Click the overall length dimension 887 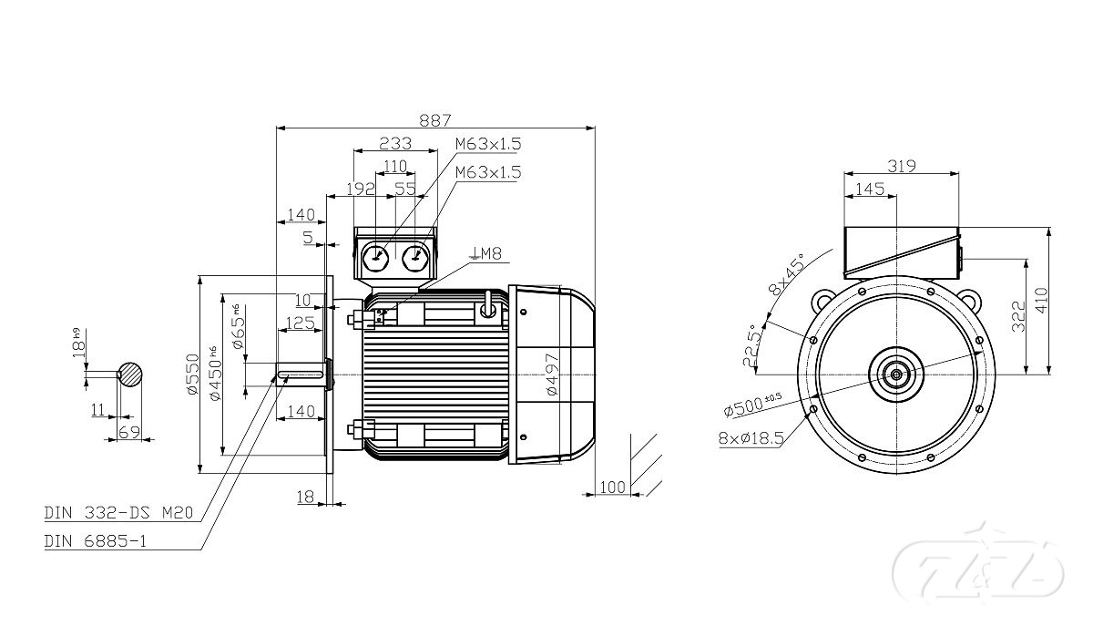click(435, 119)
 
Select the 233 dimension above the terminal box click(395, 143)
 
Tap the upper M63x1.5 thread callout click(488, 144)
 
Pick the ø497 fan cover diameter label click(552, 373)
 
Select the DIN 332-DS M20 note click(119, 513)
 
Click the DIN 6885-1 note click(96, 541)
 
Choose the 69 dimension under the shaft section click(128, 433)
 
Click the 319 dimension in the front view click(901, 166)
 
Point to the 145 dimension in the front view click(871, 189)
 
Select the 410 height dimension click(1042, 300)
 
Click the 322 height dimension click(1017, 315)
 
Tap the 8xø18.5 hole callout click(751, 438)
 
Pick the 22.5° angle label click(751, 345)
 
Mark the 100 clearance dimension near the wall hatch click(614, 487)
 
